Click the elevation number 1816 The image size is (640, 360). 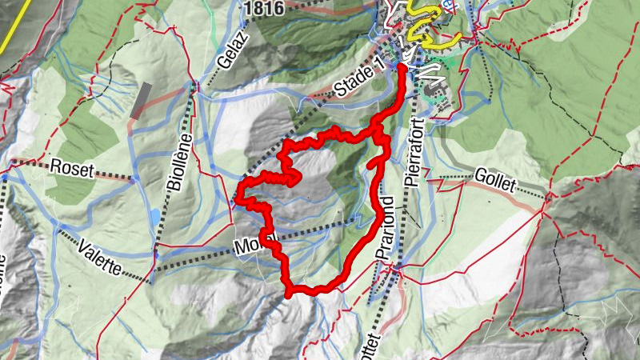(x=266, y=8)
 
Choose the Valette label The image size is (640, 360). (x=99, y=256)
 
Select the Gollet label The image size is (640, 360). (x=497, y=178)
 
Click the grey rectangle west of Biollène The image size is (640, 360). (x=141, y=101)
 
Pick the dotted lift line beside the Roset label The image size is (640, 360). (x=112, y=175)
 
